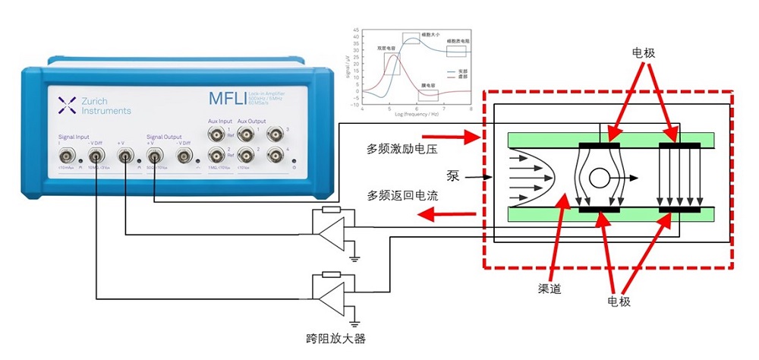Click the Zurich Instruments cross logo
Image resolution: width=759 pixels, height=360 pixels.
pyautogui.click(x=66, y=105)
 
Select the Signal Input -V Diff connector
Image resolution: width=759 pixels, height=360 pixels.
pyautogui.click(x=97, y=157)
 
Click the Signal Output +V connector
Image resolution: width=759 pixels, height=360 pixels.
pyautogui.click(x=154, y=157)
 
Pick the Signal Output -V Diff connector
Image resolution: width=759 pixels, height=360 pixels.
pyautogui.click(x=183, y=157)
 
